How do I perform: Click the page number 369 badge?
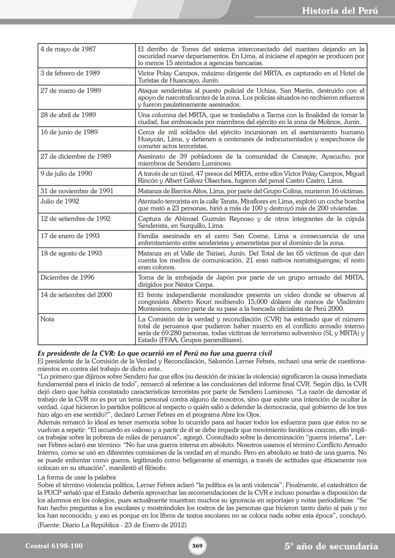pos(197,546)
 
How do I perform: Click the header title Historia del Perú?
pos(340,11)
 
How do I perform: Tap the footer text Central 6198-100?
pos(54,546)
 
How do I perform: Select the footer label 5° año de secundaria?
pos(331,546)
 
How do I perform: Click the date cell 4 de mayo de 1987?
pos(68,49)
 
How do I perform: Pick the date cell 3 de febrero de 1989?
pos(70,73)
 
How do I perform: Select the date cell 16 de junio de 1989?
pos(69,132)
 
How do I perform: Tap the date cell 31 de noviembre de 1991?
pos(77,191)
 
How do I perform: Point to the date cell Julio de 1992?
pos(60,201)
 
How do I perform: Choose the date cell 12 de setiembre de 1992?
pos(75,219)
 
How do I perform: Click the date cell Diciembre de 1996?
pos(67,277)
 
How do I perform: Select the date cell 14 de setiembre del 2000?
pos(76,295)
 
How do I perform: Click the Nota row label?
pos(47,319)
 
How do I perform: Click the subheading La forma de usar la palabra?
pos(76,478)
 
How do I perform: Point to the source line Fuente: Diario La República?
pos(112,525)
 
